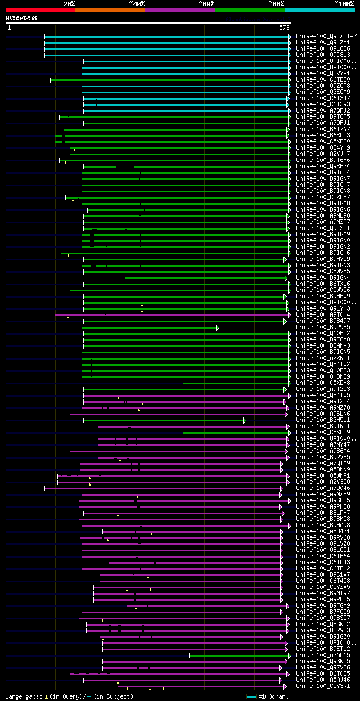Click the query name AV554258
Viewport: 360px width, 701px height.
21,18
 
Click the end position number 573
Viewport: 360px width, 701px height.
284,27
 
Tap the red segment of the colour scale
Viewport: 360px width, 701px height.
40,10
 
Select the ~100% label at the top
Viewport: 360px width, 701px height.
344,4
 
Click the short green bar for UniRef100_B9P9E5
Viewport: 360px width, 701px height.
150,327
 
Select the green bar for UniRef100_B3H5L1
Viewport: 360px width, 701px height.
163,420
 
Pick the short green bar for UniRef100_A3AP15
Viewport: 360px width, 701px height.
239,655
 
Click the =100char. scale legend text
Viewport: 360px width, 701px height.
272,696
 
